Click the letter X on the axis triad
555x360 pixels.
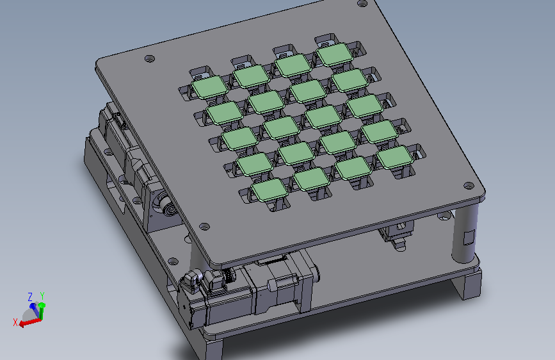(x=15, y=322)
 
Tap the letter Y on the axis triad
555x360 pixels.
(x=42, y=296)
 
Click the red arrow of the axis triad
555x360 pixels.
(x=29, y=322)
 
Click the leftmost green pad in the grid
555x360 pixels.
(x=210, y=87)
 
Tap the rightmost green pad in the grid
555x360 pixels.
(x=394, y=157)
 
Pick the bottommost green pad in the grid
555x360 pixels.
(x=269, y=190)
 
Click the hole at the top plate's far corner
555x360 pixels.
(x=362, y=4)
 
